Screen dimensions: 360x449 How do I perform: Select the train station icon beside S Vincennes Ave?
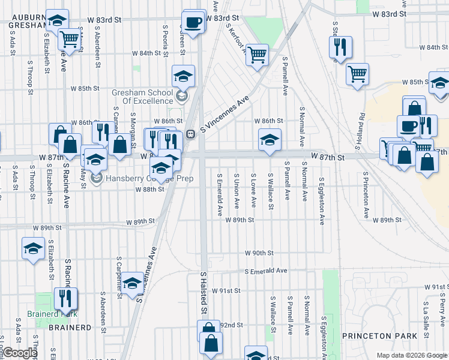[190, 134]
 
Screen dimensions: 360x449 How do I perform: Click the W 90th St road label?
[259, 253]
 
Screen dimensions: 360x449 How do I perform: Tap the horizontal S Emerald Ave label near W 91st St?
[266, 271]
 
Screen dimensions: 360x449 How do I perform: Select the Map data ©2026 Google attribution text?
[411, 355]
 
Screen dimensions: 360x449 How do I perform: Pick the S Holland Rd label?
[361, 127]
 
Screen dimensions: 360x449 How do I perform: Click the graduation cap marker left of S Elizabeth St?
[33, 248]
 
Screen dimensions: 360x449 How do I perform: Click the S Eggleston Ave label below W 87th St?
[322, 200]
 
